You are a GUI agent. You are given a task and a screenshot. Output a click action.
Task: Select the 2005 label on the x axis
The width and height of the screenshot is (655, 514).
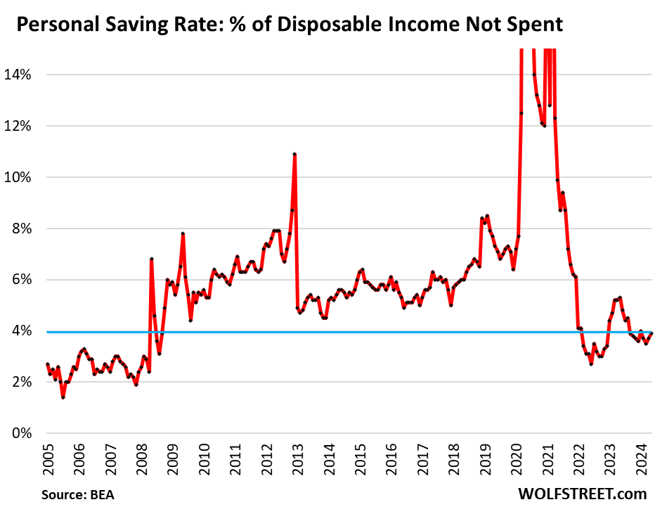click(x=47, y=460)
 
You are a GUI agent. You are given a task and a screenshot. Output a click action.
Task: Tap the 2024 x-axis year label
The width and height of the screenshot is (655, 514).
click(x=642, y=460)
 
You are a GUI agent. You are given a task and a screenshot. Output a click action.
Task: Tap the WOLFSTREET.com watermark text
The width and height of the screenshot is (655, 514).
click(x=581, y=494)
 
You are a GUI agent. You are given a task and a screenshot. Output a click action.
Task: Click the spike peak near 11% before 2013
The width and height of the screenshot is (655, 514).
click(x=294, y=154)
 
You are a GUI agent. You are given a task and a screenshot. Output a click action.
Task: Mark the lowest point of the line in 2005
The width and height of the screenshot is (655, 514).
click(x=63, y=397)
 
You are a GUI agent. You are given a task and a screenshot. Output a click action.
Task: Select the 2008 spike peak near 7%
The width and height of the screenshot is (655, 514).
click(x=151, y=259)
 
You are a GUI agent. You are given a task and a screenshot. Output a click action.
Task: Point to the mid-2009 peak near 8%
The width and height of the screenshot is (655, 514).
click(x=183, y=233)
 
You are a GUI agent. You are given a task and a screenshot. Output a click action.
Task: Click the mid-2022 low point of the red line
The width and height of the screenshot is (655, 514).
click(x=591, y=364)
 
